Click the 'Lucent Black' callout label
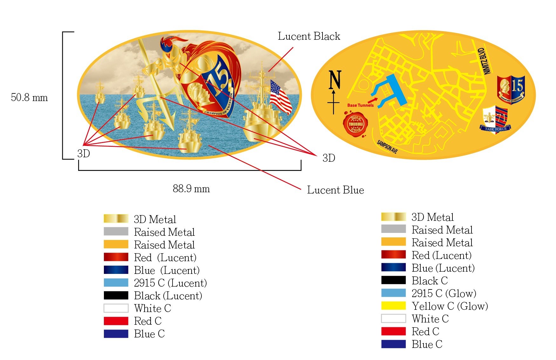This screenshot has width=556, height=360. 309,36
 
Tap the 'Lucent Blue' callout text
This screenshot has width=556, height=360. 335,190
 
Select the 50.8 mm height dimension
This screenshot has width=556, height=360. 29,97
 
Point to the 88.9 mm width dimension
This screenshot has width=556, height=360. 191,189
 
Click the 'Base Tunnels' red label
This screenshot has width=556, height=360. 360,105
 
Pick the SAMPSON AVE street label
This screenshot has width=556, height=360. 387,147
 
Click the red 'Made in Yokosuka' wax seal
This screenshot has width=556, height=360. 355,124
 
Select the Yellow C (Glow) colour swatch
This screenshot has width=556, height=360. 393,306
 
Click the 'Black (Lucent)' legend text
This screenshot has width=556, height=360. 168,296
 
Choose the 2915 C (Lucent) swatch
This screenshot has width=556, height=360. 116,283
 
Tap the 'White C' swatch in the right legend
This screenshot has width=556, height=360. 393,318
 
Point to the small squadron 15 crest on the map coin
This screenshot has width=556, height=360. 511,89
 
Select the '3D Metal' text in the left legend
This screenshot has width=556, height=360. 155,219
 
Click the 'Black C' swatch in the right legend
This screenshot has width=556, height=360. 393,280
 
